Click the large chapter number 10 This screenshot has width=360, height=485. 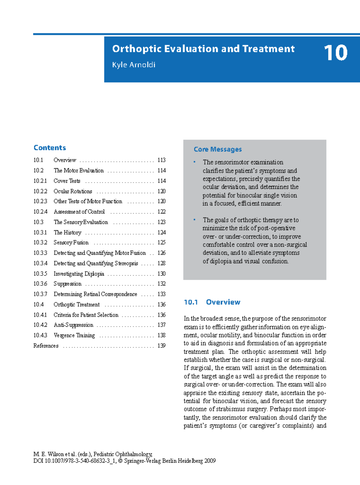click(335, 53)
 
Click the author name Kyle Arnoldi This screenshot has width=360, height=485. click(133, 65)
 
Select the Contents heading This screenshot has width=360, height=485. click(49, 148)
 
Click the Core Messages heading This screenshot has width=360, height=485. click(217, 149)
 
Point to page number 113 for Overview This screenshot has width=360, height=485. click(161, 160)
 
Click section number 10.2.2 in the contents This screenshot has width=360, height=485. click(40, 191)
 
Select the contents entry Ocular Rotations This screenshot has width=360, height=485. click(73, 191)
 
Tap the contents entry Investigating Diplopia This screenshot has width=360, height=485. click(79, 274)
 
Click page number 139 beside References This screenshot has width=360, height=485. click(161, 346)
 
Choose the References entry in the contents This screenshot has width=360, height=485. click(46, 346)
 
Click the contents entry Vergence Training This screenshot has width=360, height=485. click(74, 335)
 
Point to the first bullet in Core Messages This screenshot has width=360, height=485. click(194, 162)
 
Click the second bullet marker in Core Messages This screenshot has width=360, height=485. click(194, 220)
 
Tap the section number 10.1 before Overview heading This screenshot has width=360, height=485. click(190, 302)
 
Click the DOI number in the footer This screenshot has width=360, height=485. click(80, 461)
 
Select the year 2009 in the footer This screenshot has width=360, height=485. click(210, 461)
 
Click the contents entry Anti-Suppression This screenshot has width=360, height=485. click(73, 325)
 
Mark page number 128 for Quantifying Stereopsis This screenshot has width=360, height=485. click(161, 263)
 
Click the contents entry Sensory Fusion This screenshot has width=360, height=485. click(71, 243)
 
